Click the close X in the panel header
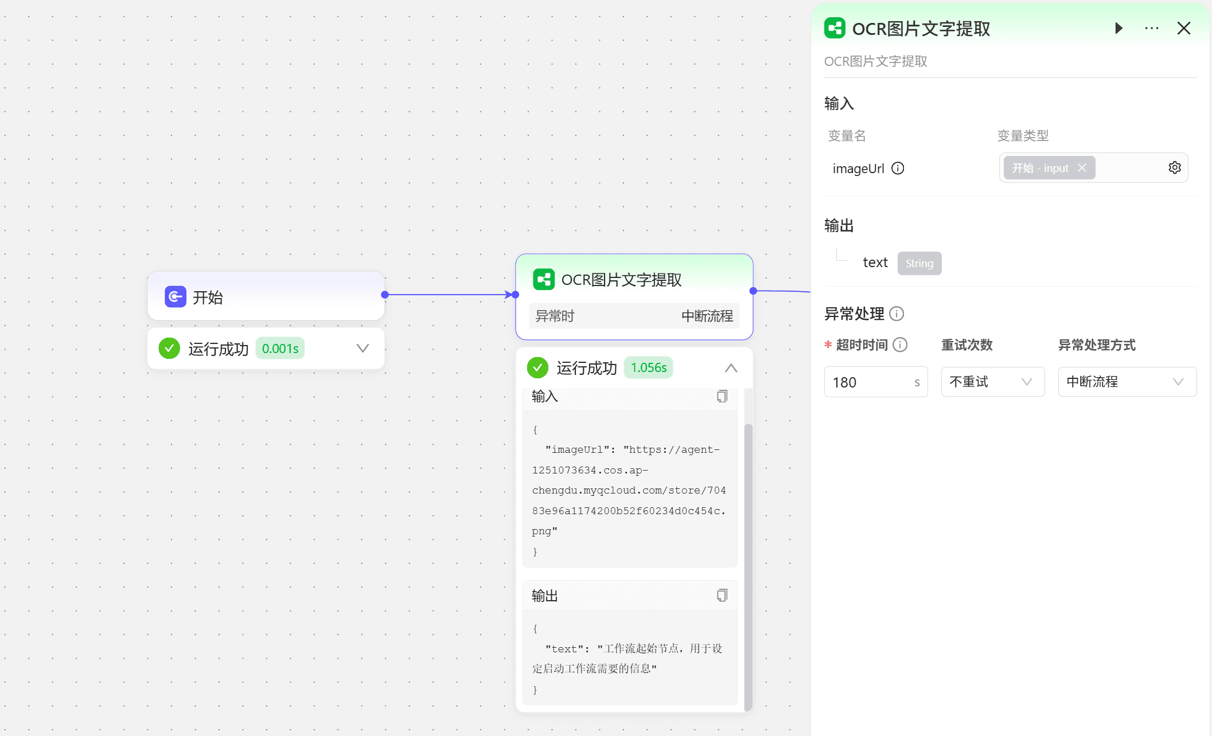[x=1184, y=28]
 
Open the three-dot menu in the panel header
[x=1152, y=28]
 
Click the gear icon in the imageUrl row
[x=1175, y=167]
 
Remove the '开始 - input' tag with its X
[x=1082, y=167]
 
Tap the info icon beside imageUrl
[x=898, y=168]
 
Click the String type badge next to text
[x=919, y=263]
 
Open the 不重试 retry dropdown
[x=993, y=382]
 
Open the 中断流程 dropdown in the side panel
[x=1127, y=382]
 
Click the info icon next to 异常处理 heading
[x=897, y=314]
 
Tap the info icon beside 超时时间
[x=901, y=344]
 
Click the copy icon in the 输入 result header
[x=722, y=396]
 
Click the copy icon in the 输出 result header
[x=722, y=596]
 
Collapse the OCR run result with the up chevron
[x=731, y=368]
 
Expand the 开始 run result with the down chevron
[x=363, y=348]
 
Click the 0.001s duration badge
[x=280, y=349]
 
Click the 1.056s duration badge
[x=649, y=367]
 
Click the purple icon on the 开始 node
[x=176, y=297]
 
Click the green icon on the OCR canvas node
[x=544, y=280]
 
